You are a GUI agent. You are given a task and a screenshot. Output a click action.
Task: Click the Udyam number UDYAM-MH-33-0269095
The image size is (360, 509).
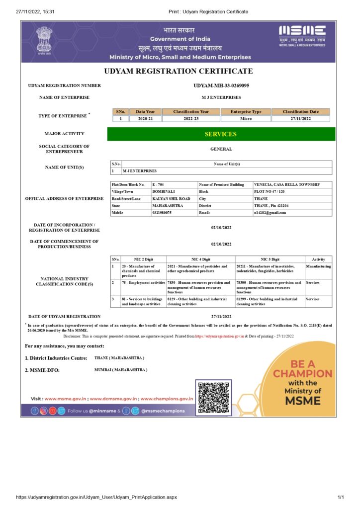click(221, 85)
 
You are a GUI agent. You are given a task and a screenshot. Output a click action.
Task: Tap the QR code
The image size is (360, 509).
click(214, 397)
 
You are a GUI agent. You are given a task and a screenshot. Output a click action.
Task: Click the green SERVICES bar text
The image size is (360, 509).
click(221, 134)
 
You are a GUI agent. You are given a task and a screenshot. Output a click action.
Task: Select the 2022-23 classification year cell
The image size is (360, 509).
click(190, 119)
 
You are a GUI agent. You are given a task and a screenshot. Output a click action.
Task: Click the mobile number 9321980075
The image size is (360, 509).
click(162, 213)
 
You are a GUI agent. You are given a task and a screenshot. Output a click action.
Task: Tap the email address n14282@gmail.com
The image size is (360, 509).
click(270, 213)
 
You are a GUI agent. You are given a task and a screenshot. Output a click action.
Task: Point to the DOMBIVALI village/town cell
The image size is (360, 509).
click(164, 191)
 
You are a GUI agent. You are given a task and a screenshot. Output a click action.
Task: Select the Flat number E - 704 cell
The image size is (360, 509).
click(158, 184)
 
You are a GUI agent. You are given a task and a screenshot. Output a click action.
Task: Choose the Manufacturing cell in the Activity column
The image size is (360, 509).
click(319, 266)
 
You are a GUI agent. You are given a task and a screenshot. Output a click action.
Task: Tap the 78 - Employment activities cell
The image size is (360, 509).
click(143, 282)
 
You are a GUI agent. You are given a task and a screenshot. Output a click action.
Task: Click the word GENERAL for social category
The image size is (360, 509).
click(221, 149)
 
